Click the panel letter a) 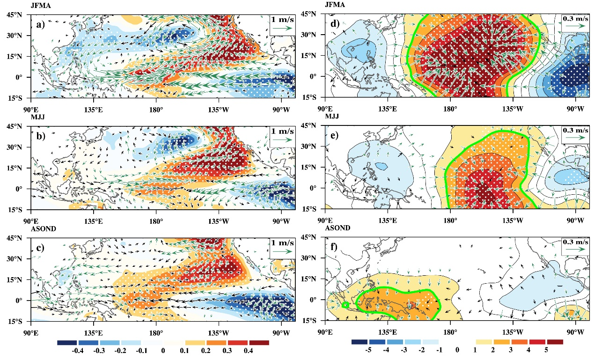click(x=41, y=25)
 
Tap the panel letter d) click(x=335, y=24)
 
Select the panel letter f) click(x=334, y=247)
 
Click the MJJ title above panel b click(x=37, y=117)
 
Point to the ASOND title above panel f click(x=337, y=228)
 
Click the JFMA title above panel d click(x=335, y=5)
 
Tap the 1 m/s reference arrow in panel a click(x=282, y=28)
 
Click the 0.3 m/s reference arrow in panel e click(x=575, y=138)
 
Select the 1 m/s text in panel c click(x=283, y=243)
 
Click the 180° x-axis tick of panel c click(x=156, y=332)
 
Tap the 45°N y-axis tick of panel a click(x=15, y=15)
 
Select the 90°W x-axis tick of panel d click(x=576, y=109)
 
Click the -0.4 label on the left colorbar click(x=78, y=351)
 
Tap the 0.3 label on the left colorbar click(x=227, y=351)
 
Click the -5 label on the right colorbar click(x=368, y=350)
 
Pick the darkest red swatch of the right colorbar click(x=555, y=342)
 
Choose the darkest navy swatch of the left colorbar click(x=67, y=343)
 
